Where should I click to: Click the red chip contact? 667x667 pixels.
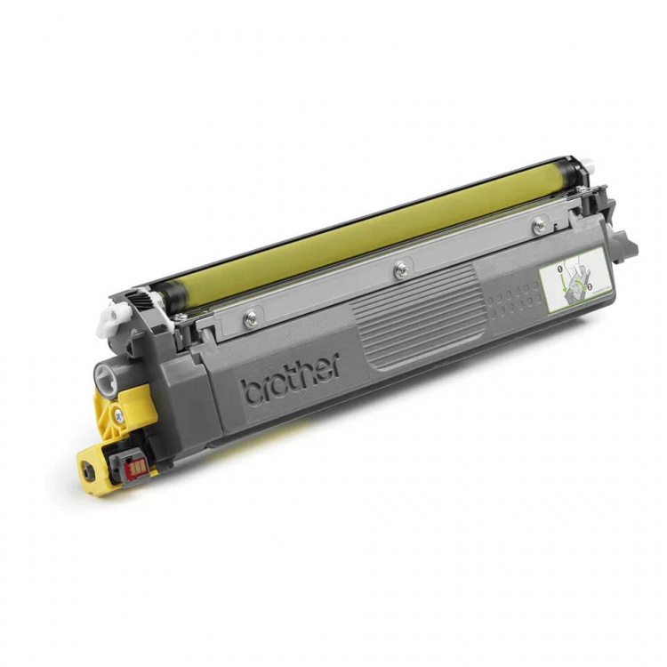[x=135, y=465]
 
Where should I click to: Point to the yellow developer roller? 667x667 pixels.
[x=356, y=231]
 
